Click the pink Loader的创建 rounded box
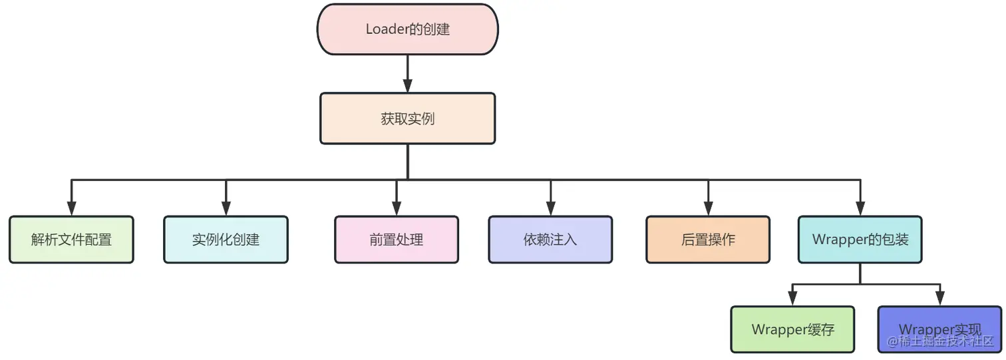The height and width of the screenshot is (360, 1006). coord(407,29)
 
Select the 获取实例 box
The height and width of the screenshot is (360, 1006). coord(407,118)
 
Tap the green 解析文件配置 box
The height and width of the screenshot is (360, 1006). coord(71,240)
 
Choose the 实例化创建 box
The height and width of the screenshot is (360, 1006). coord(226,240)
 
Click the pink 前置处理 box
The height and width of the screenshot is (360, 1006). coord(397,240)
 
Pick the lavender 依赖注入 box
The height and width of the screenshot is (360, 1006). coord(550,240)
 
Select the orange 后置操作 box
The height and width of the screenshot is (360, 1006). coord(708,240)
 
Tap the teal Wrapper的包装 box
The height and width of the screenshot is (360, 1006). coord(860,240)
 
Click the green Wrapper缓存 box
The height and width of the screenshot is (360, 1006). coord(792,329)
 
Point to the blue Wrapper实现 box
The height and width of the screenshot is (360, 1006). coord(939,329)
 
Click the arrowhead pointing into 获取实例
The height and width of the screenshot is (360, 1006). coord(407,86)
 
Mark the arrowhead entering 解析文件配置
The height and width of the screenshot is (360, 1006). coord(71,208)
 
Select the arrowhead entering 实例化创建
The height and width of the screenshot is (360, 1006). coord(226,208)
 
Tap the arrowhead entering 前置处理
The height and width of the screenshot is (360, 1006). coord(397,208)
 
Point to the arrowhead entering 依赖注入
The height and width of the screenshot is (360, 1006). coord(550,208)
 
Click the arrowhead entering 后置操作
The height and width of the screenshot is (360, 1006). coord(708,208)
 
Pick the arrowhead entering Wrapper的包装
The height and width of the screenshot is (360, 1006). coord(860,208)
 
